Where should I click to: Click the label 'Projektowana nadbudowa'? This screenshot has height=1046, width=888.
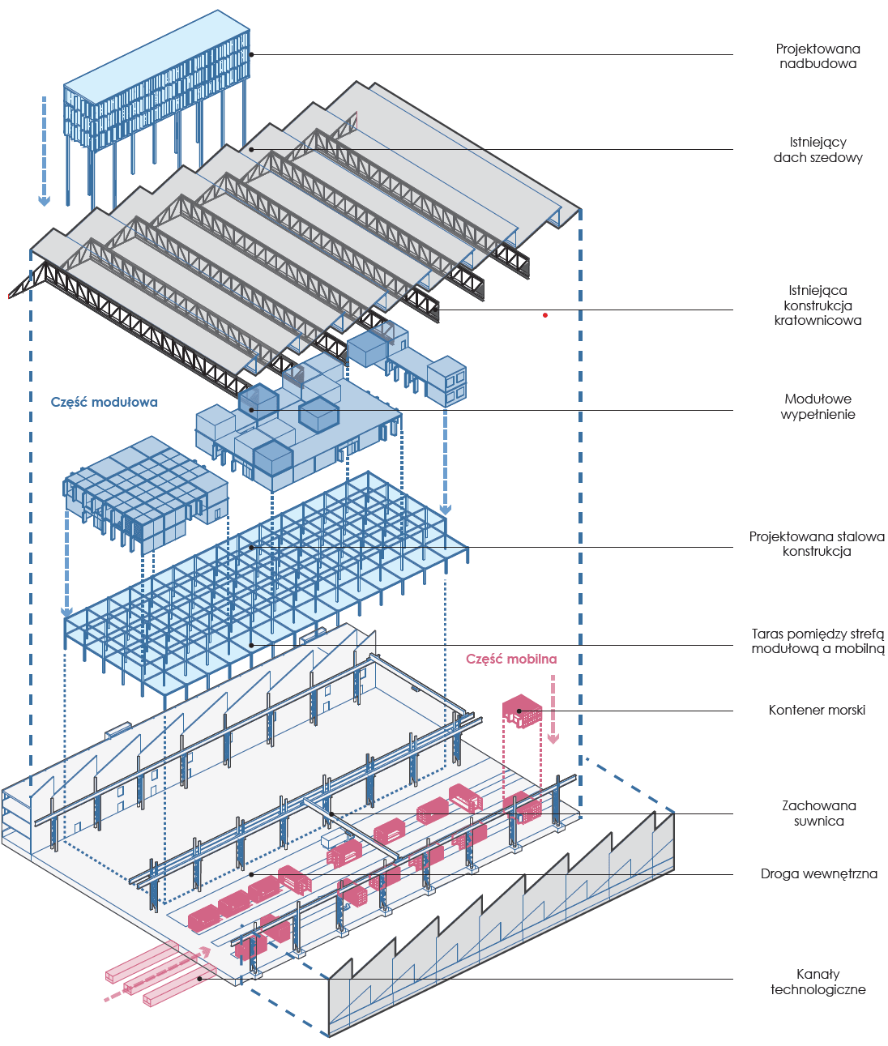(818, 56)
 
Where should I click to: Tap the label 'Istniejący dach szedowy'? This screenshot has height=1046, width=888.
(818, 150)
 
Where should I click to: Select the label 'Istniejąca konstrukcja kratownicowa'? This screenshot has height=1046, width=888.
(818, 305)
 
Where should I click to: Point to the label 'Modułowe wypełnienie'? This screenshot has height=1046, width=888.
(818, 407)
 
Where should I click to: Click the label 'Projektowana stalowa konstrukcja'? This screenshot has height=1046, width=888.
(817, 544)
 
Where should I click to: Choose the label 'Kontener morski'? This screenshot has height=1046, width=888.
(817, 710)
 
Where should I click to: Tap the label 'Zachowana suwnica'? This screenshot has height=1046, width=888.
(818, 813)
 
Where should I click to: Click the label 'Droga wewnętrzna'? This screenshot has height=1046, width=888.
(818, 873)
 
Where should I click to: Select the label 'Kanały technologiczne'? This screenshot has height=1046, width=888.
(818, 982)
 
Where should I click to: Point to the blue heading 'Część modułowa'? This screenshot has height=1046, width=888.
(105, 403)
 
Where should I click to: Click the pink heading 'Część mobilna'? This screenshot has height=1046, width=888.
(511, 659)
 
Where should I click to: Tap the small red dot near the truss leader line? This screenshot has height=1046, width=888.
(545, 315)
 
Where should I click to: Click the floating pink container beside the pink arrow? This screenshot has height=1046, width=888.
(522, 711)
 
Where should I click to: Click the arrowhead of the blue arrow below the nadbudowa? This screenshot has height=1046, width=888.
(44, 201)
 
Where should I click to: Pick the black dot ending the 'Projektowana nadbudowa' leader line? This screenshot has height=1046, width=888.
(251, 54)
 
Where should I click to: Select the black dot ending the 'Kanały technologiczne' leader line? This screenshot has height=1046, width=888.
(199, 979)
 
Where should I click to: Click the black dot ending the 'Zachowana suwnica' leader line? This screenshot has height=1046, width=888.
(331, 813)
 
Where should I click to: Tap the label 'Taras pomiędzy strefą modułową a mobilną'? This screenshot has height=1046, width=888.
(818, 641)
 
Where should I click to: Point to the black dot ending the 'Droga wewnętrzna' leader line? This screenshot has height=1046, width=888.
(251, 874)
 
